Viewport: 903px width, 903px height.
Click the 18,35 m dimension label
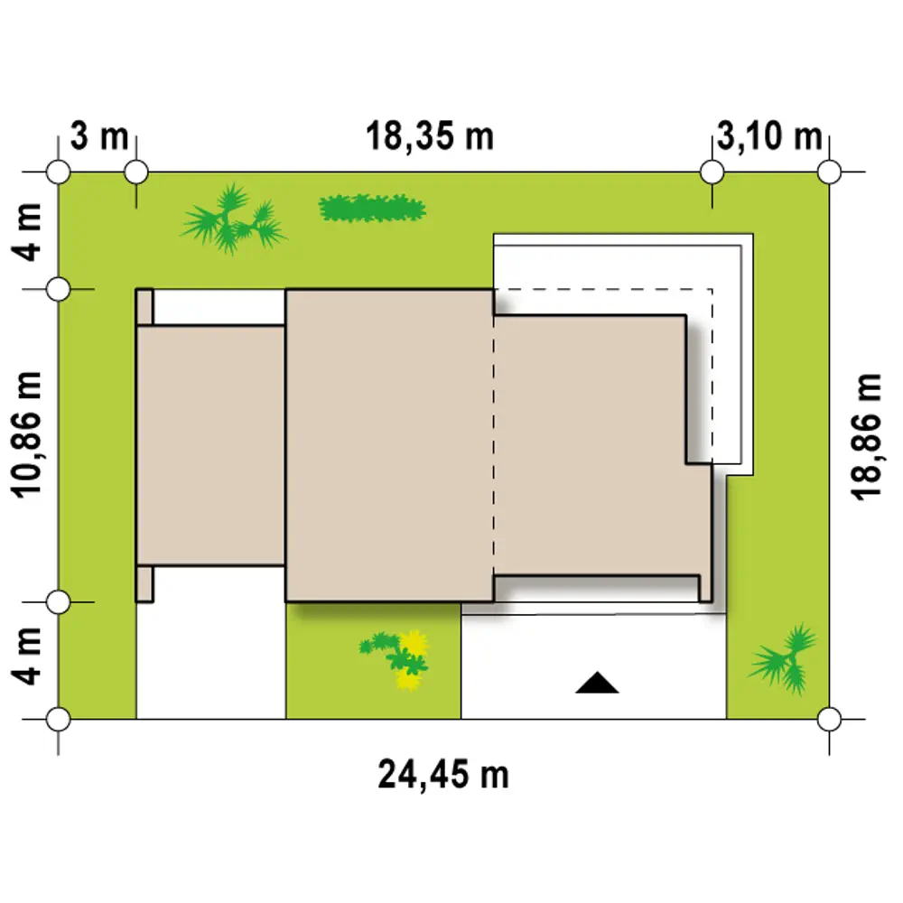coord(430,137)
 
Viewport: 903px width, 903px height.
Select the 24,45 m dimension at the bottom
coord(442,775)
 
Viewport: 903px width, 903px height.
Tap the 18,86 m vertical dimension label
coord(866,437)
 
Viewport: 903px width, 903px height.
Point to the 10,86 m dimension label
coord(26,435)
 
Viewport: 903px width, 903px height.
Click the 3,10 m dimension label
coord(769,137)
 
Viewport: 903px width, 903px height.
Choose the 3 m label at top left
coord(99,136)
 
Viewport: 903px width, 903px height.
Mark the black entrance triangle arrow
coord(597,683)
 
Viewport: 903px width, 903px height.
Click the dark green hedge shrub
coord(373,208)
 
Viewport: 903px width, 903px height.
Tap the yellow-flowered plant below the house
coord(396,659)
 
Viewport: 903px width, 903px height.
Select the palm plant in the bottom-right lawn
coord(783,659)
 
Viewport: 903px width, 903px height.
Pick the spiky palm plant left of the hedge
coord(233,219)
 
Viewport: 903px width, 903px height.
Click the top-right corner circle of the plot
coord(829,172)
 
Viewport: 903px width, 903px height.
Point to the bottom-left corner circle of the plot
coord(58,720)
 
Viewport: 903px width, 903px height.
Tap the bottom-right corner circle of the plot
coord(829,720)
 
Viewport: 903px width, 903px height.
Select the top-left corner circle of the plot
coord(58,172)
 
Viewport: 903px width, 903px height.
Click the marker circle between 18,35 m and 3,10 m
coord(712,172)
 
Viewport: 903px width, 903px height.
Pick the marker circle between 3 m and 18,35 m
coord(136,172)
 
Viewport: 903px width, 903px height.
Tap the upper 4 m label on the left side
coord(26,231)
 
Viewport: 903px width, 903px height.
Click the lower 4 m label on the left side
coord(26,656)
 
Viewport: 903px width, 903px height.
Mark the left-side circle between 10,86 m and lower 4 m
coord(58,602)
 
